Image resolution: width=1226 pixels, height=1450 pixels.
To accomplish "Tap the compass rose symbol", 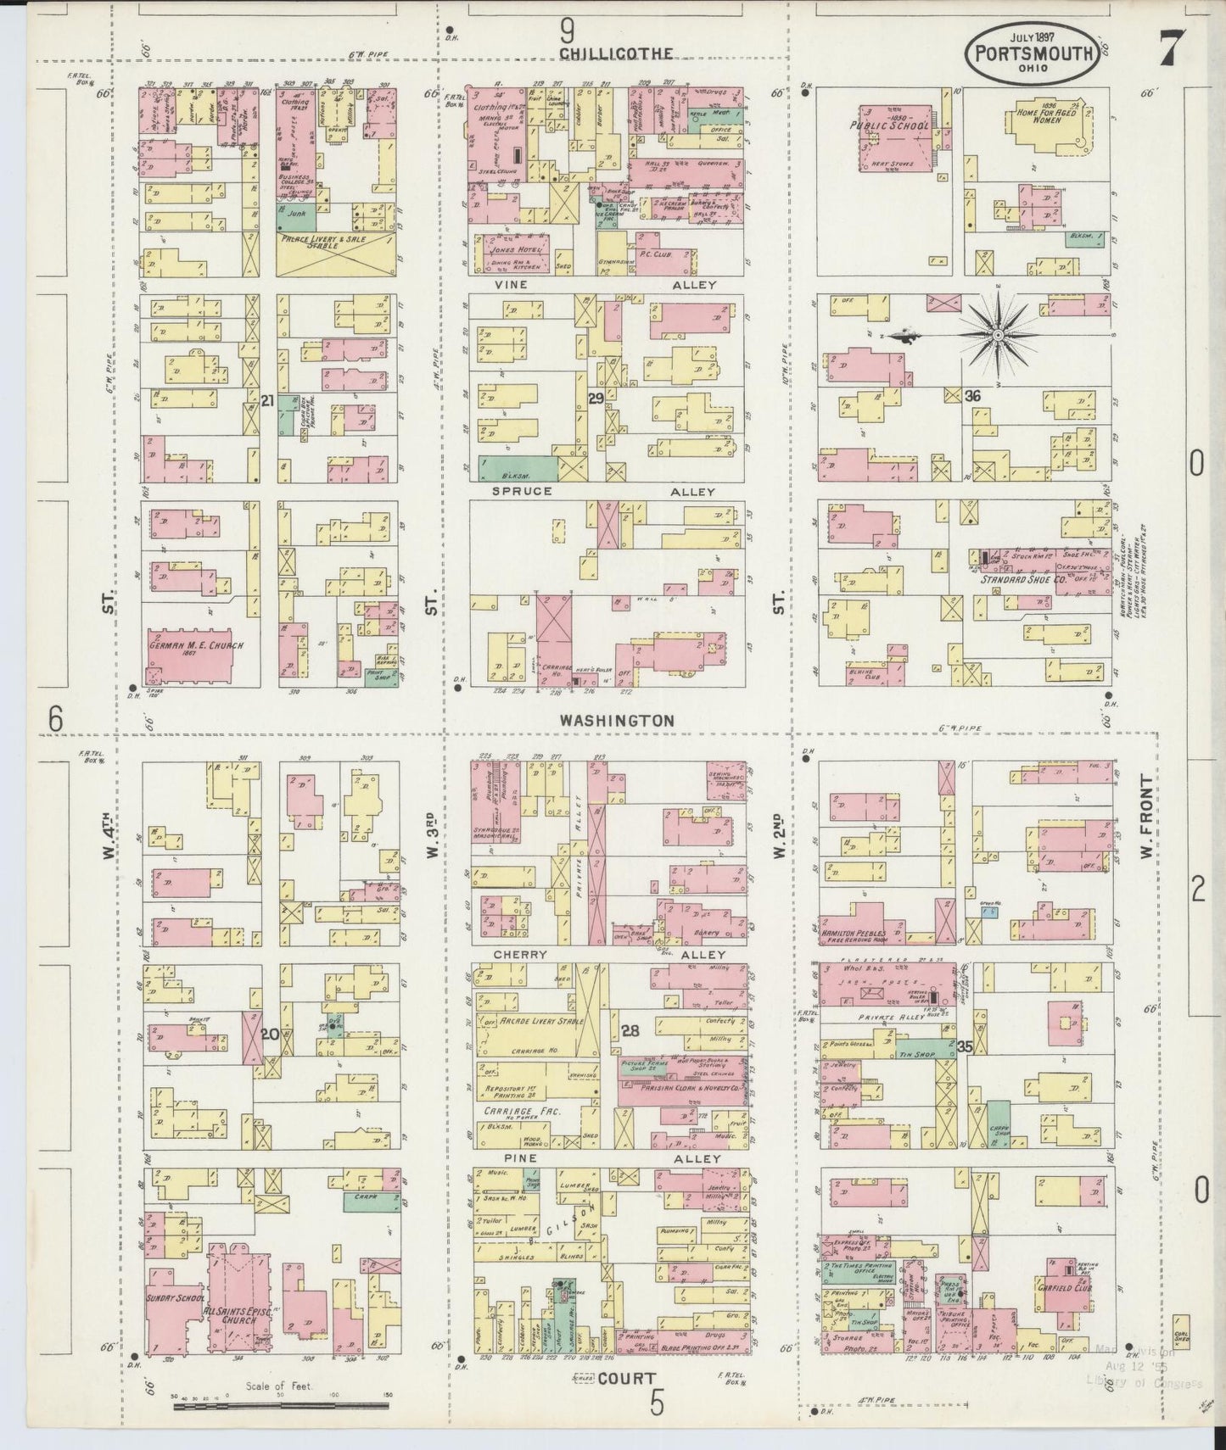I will click(x=999, y=335).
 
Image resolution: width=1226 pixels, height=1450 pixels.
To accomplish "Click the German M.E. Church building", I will click(x=195, y=655).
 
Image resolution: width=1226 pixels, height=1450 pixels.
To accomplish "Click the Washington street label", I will click(x=617, y=720).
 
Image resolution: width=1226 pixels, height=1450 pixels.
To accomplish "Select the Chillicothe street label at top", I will click(x=616, y=53).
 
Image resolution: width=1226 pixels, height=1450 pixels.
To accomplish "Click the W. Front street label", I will click(x=1146, y=816).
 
